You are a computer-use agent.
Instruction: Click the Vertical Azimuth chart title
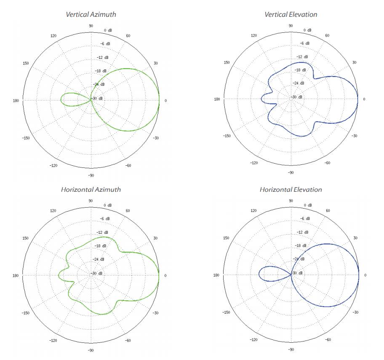coord(91,14)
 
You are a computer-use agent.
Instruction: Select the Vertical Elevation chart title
coord(291,14)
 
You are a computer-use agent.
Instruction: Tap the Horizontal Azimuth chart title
coord(91,189)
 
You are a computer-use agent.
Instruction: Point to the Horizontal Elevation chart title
coord(291,189)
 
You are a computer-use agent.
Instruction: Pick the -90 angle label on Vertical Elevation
coord(291,172)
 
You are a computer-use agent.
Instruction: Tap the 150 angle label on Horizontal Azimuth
coord(26,238)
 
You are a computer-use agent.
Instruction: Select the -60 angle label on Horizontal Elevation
coord(328,339)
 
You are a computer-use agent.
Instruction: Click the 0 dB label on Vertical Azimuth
coord(108,30)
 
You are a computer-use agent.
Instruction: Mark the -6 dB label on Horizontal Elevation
coord(305,219)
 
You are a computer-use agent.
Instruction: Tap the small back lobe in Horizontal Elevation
coord(269,274)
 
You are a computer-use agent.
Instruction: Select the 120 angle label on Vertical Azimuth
coord(53,36)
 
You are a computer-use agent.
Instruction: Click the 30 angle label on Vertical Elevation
coord(354,62)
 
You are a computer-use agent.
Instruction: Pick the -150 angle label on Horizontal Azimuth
coord(26,312)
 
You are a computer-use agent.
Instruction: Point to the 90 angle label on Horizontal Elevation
coord(291,201)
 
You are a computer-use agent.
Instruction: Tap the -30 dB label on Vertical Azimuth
coord(98,98)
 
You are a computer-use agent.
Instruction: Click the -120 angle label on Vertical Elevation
coord(253,163)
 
